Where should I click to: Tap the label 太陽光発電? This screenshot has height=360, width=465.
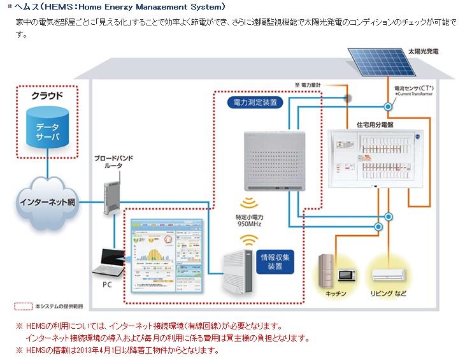(x=423, y=50)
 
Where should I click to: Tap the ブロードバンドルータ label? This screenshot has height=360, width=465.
(x=113, y=161)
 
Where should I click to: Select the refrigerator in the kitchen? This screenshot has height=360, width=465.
(x=327, y=271)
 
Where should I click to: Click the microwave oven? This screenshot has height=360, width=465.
(x=347, y=275)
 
